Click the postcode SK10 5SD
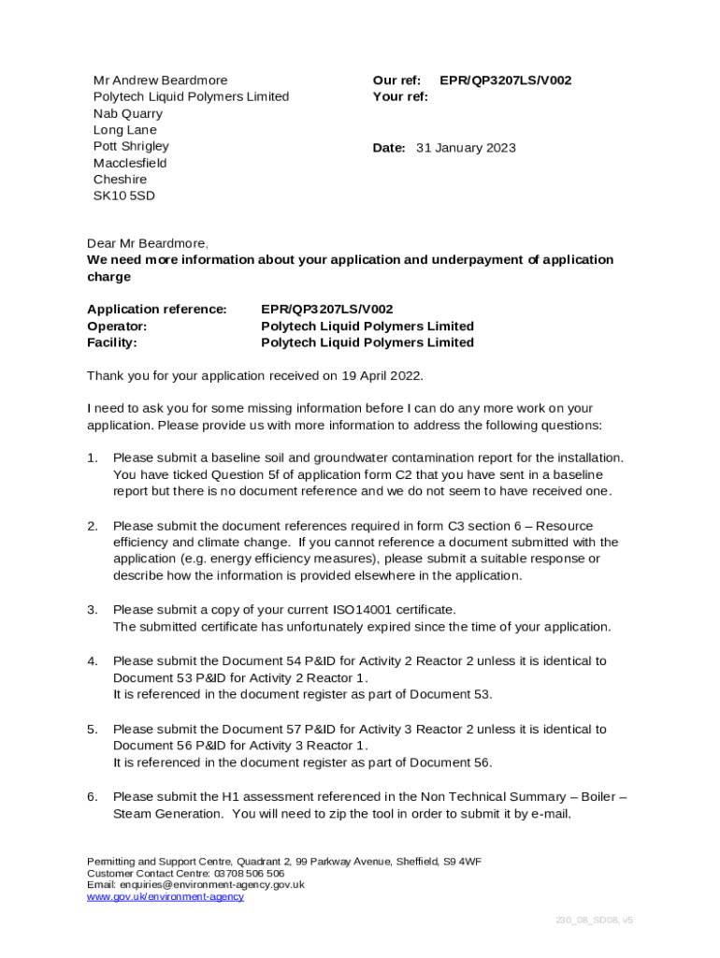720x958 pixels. tap(123, 196)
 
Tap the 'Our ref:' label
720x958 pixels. tap(396, 80)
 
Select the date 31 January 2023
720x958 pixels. tap(465, 148)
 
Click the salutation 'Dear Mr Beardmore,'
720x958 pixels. tap(148, 243)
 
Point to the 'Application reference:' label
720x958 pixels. tap(156, 309)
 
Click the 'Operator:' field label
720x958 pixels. tap(117, 326)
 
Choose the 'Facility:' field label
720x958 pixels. tap(111, 342)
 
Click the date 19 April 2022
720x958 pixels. tap(382, 375)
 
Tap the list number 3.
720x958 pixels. tap(93, 610)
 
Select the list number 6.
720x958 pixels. tap(93, 796)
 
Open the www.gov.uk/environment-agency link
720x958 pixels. tap(166, 896)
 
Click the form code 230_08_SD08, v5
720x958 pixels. tap(594, 920)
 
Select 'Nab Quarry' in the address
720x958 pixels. tap(127, 113)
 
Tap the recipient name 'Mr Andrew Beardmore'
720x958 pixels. tap(160, 80)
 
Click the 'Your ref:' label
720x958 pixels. tap(400, 96)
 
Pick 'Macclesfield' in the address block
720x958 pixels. tap(130, 163)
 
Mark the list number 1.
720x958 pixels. tap(93, 457)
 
